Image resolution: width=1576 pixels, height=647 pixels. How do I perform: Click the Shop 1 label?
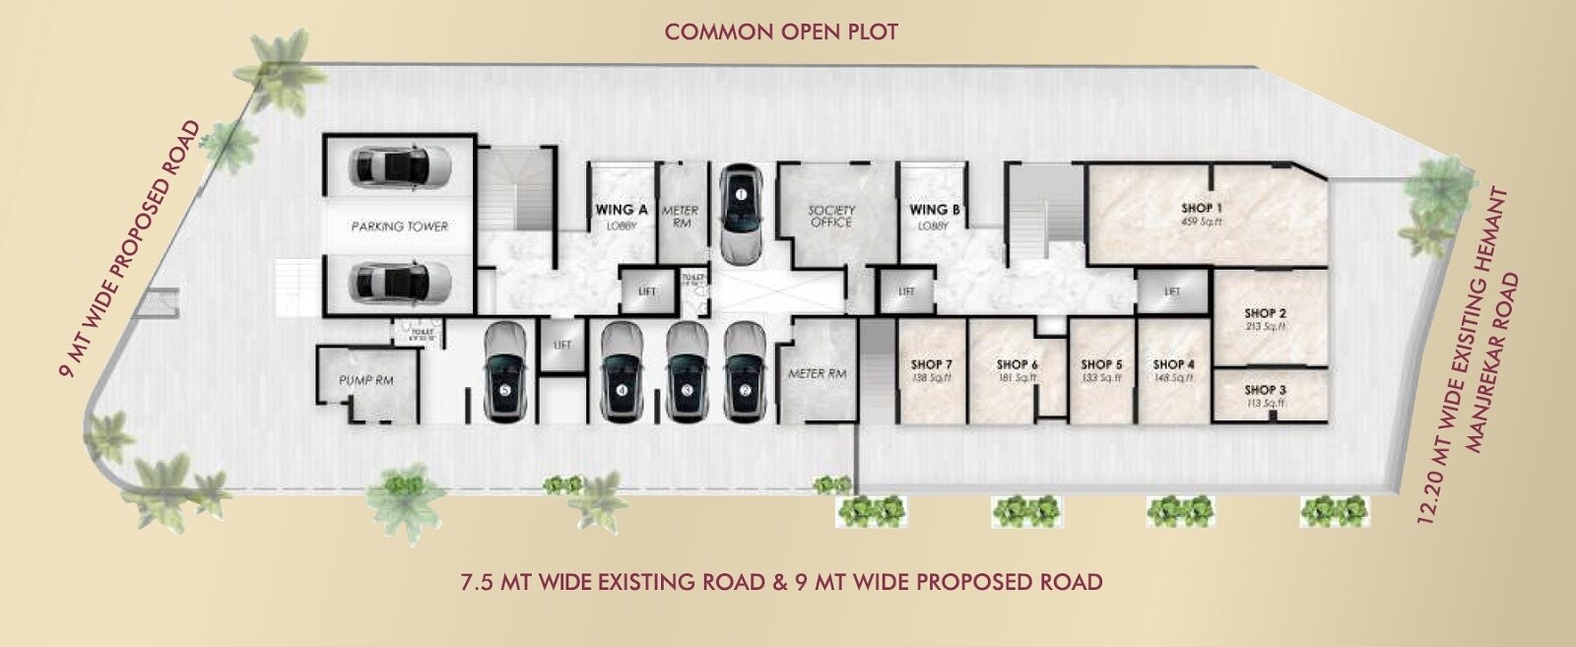(x=1202, y=208)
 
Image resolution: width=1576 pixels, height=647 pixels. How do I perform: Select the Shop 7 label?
(x=931, y=364)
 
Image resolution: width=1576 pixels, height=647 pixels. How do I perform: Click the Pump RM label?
(x=366, y=380)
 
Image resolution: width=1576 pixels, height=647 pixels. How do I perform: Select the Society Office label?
(x=831, y=216)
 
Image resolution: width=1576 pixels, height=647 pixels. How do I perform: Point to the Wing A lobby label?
(x=622, y=216)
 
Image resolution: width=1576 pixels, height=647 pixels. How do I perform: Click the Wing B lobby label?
(x=934, y=216)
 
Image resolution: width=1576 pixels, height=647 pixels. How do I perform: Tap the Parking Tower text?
(x=399, y=226)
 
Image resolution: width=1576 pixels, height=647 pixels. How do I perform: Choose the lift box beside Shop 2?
(x=1172, y=291)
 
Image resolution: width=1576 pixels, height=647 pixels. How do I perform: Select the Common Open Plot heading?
(x=781, y=32)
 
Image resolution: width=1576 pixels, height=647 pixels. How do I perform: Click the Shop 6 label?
(x=1018, y=364)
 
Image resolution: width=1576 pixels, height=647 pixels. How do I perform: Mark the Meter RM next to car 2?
(x=817, y=374)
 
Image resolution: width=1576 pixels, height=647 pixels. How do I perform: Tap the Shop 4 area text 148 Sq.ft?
(x=1174, y=378)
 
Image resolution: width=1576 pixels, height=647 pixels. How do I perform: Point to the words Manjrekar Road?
(x=1495, y=363)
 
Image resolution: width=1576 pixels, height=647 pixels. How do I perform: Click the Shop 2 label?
(x=1266, y=313)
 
